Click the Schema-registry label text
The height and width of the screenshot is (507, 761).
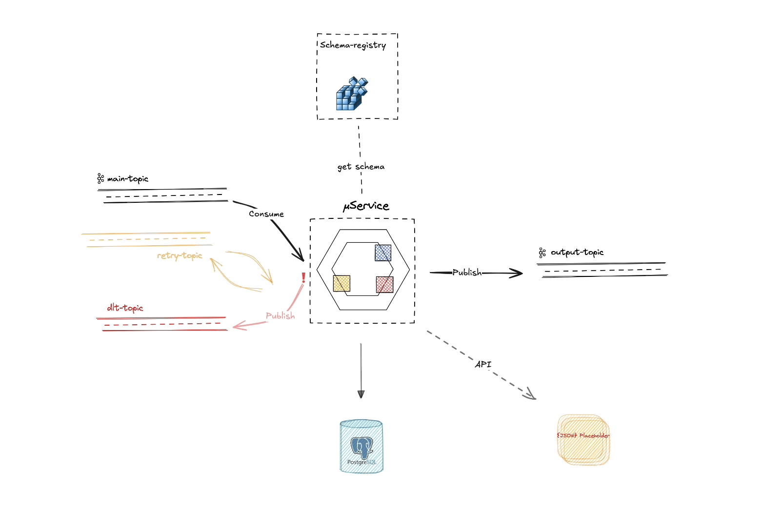pos(353,45)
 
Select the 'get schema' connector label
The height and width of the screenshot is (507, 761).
pos(360,167)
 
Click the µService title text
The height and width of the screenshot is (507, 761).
pos(366,206)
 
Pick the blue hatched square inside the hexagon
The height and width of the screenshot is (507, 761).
pos(383,253)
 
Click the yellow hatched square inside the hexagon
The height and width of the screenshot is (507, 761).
pos(341,283)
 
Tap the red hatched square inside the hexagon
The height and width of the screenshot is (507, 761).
pos(384,285)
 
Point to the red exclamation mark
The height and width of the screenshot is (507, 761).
pos(303,278)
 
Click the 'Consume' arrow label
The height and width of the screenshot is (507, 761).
pos(266,214)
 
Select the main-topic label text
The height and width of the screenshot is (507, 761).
pos(127,179)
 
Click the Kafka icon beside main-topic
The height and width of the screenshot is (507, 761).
pos(100,178)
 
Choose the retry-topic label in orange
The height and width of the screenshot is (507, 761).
pos(180,255)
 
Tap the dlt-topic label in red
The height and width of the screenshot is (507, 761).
pos(125,308)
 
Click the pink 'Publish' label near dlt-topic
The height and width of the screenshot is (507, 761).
pos(280,316)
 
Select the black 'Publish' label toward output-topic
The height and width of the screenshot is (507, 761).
pos(467,273)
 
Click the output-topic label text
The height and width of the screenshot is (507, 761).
pos(577,253)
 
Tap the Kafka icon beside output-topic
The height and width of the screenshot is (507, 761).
pos(542,253)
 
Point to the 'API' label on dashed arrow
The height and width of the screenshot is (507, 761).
pos(483,364)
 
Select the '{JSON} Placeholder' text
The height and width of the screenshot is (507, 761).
pos(583,435)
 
